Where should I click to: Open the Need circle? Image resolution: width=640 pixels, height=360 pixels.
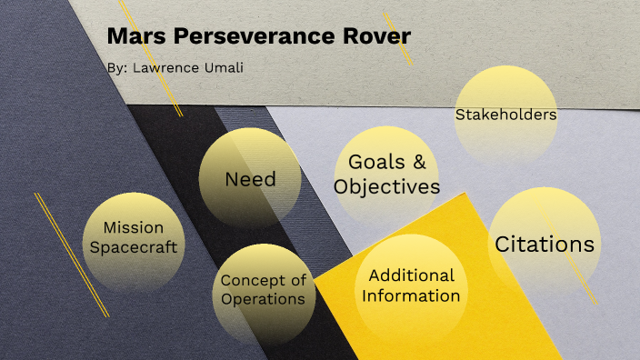[250, 178]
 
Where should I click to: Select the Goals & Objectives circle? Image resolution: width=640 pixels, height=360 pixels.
[386, 175]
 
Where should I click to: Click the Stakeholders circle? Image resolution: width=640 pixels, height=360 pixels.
[505, 115]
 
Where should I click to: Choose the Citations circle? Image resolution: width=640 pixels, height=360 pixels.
[545, 244]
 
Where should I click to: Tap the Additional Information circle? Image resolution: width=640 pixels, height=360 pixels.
[411, 285]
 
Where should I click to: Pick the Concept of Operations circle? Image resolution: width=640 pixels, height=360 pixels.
[264, 289]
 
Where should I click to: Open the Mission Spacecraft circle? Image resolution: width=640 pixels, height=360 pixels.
[133, 237]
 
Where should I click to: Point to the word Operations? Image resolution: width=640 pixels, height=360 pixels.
[264, 299]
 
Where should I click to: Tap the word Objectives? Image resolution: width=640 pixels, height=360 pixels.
[386, 187]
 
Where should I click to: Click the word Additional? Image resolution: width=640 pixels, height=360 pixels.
[411, 275]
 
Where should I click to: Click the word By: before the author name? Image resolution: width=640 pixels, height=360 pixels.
[115, 67]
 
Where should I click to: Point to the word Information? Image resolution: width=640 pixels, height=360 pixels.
[411, 295]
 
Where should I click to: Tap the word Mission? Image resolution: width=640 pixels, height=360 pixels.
[133, 227]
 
